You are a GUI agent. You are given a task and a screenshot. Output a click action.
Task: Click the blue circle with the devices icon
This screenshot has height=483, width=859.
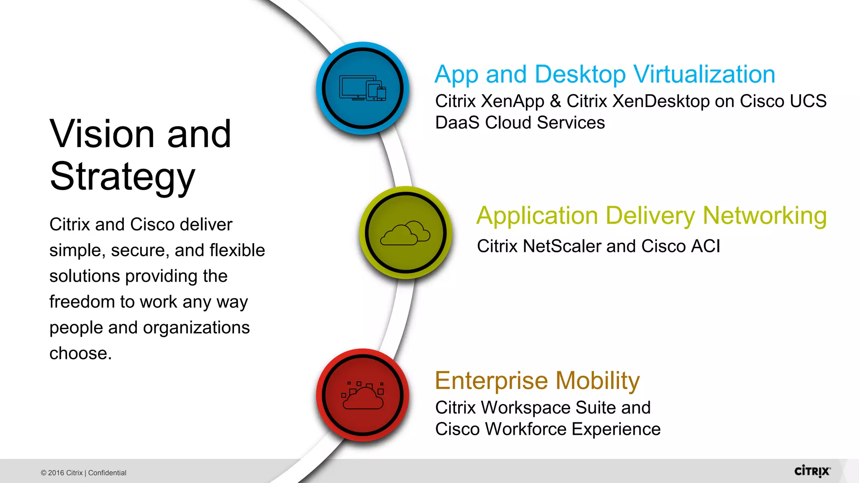[363, 88]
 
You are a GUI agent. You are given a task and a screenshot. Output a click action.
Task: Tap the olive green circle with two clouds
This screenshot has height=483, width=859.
[406, 233]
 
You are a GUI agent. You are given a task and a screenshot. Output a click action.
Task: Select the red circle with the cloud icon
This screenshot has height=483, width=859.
[363, 395]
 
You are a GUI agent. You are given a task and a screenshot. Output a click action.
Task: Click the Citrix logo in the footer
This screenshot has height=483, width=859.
[812, 471]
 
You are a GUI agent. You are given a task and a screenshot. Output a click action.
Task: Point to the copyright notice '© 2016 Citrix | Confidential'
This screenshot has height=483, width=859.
[83, 473]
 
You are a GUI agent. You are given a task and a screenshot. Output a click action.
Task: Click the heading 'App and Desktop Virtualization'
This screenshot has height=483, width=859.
[605, 75]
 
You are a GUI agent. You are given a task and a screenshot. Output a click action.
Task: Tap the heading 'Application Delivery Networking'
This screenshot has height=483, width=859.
[651, 216]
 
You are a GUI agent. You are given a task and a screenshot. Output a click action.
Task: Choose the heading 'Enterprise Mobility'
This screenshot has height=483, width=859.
[537, 381]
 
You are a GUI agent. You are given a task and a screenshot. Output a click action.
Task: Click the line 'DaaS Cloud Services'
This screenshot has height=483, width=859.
[520, 123]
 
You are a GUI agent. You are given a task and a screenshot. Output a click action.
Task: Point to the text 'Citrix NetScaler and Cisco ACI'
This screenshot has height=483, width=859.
[599, 246]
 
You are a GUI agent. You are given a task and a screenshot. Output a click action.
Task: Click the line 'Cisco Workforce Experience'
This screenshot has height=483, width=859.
[548, 429]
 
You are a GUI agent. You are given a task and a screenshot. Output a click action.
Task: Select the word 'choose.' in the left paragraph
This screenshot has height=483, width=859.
[81, 353]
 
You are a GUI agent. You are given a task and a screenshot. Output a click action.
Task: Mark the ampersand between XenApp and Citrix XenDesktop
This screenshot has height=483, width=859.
[555, 101]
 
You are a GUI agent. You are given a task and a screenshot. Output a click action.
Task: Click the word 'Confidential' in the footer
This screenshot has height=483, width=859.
[107, 473]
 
